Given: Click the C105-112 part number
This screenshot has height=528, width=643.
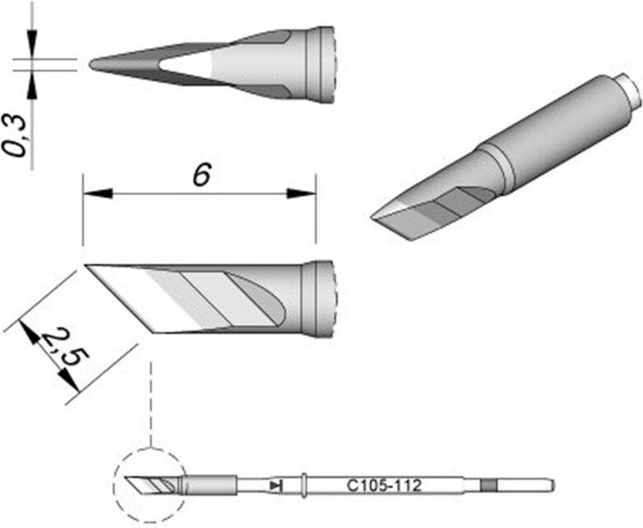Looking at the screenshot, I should (384, 486).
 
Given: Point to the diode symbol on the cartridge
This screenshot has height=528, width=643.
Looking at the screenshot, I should (276, 486).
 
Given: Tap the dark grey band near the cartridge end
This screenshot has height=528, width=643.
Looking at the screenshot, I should (490, 485).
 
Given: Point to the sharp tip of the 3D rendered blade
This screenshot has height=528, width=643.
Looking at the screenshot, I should (375, 218).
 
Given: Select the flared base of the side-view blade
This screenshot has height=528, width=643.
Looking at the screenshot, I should (320, 300).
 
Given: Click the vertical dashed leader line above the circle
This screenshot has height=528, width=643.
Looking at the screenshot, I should (150, 402).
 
